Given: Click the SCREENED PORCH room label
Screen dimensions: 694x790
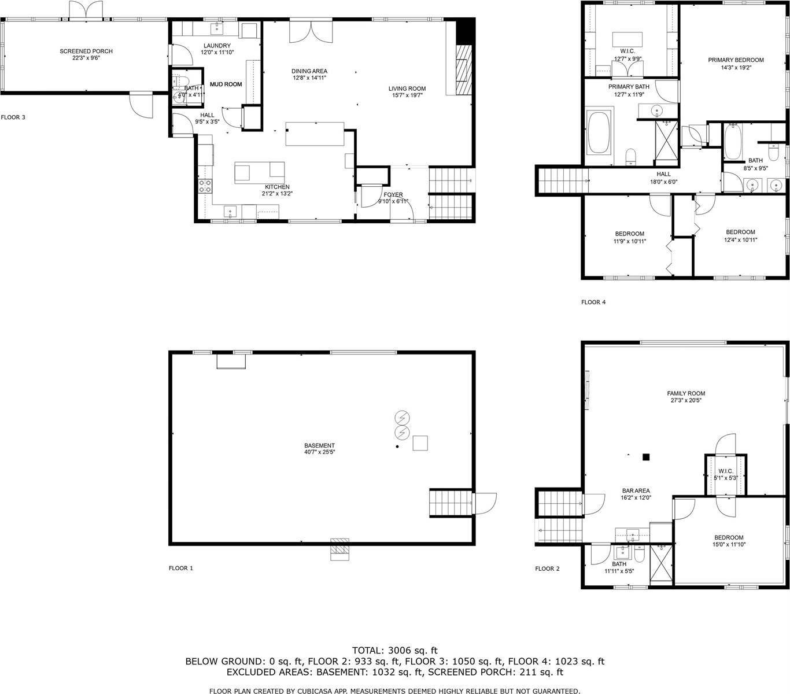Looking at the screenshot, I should point(86,51).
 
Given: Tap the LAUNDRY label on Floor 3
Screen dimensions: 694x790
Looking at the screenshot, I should point(217,46).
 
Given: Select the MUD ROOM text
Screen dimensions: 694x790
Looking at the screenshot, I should point(226,84).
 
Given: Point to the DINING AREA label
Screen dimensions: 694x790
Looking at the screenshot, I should point(309,71).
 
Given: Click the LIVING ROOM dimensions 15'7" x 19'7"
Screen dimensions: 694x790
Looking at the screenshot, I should point(407,95).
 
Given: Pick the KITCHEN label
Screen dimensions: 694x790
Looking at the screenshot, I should point(277,187).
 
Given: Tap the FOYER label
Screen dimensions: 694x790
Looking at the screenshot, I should point(393,195).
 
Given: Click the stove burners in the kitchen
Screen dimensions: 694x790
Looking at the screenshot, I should point(205,186).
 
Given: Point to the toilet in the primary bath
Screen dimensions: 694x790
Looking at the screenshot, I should point(631,156).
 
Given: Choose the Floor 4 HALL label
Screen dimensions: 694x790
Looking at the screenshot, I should point(663,174).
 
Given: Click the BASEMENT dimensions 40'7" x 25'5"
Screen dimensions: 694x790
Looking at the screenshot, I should point(319,452).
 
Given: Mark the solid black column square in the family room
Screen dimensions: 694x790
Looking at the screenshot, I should point(647,457).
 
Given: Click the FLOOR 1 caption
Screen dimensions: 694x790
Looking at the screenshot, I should point(180,569).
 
